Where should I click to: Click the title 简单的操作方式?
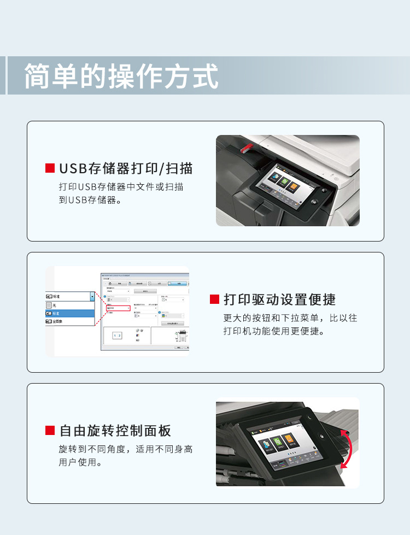pos(121,76)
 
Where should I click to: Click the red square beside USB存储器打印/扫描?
pos(50,168)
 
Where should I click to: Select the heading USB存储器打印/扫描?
pos(126,168)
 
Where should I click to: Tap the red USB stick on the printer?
pos(246,147)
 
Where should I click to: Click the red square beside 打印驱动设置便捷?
pos(214,299)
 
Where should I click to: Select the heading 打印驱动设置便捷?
pos(279,299)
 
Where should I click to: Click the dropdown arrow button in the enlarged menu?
pos(92,296)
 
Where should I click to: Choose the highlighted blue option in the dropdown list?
pos(70,314)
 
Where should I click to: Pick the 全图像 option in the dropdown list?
pos(70,322)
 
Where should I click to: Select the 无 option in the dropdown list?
pos(70,305)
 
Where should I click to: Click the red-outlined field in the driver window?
pos(118,308)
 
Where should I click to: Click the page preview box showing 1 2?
pos(118,336)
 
